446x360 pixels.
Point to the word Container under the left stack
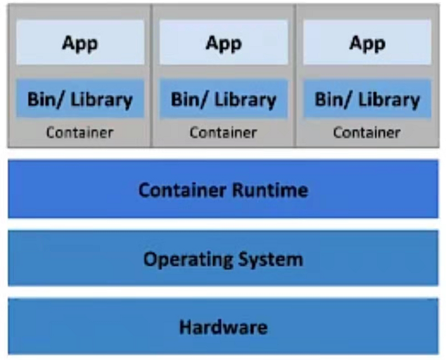click(x=80, y=132)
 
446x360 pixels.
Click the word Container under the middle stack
click(x=224, y=132)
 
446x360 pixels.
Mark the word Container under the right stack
click(x=367, y=132)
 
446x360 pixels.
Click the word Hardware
click(x=223, y=327)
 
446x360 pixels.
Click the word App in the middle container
click(x=224, y=44)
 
